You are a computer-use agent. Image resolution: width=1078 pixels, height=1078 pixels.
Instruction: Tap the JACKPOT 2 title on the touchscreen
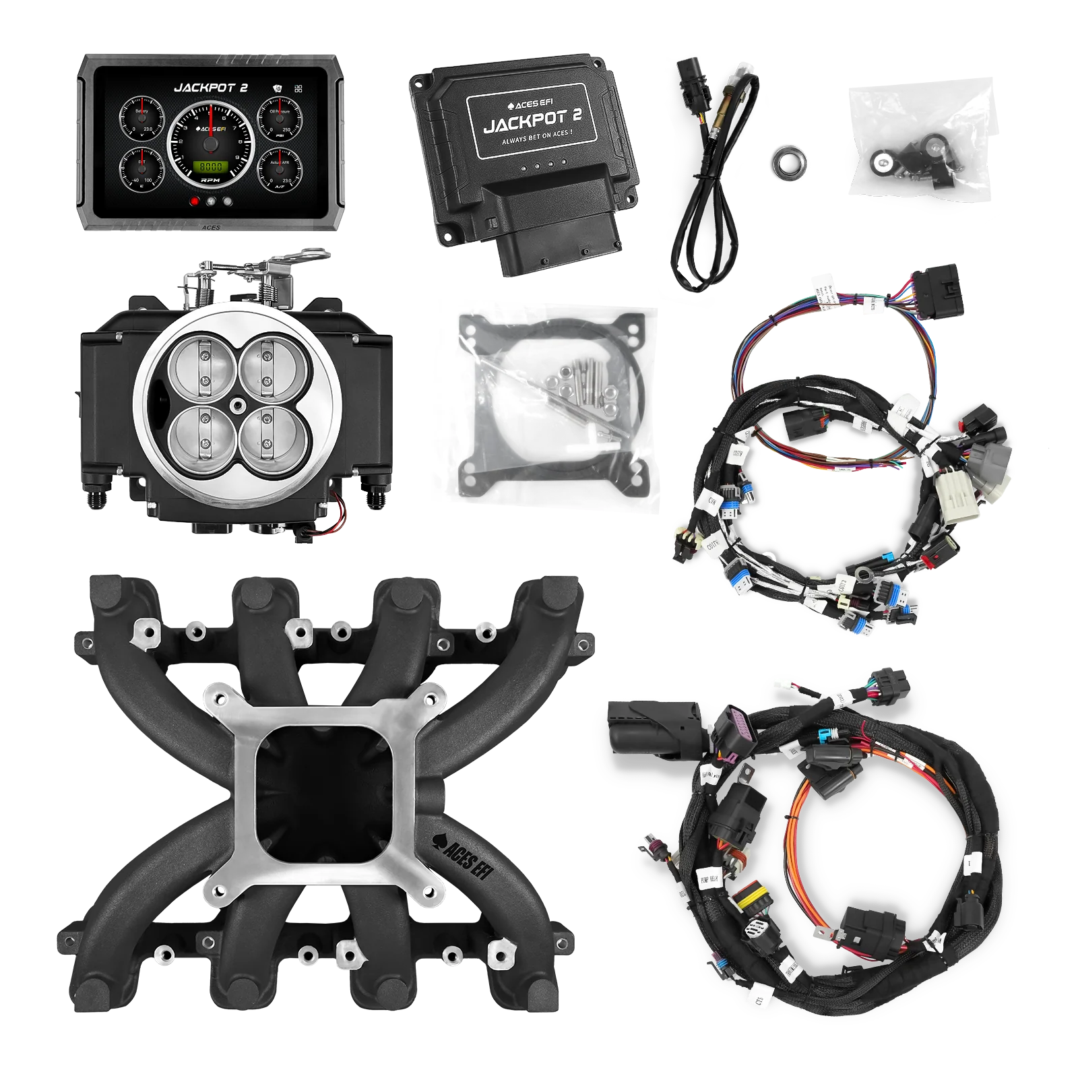[211, 88]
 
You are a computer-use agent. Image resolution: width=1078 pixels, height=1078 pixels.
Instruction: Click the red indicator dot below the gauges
[195, 200]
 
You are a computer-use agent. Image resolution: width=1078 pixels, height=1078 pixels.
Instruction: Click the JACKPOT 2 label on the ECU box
[532, 121]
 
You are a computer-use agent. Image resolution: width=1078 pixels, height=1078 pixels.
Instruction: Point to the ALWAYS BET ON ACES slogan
[537, 142]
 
